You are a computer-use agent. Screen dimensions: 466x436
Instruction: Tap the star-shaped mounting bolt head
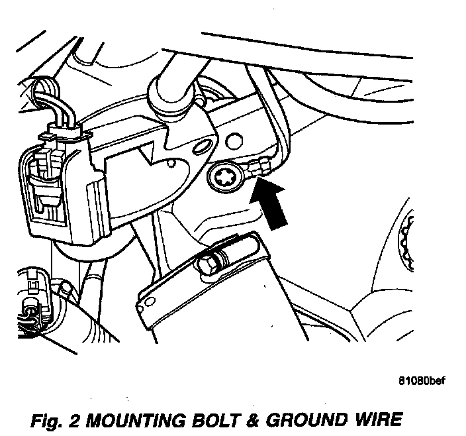223,178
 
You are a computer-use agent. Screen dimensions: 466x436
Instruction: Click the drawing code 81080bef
422,381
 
